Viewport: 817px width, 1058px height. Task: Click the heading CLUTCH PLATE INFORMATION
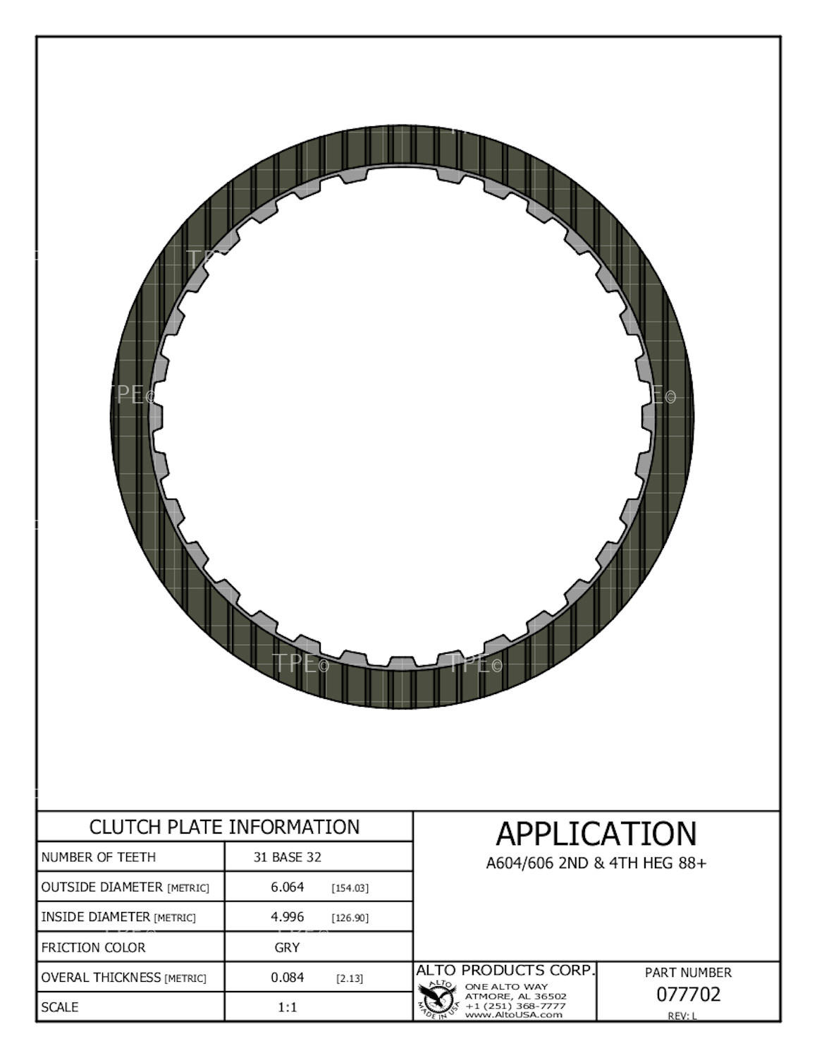point(224,827)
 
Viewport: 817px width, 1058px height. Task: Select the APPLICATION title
point(596,834)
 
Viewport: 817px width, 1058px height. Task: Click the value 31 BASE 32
point(287,857)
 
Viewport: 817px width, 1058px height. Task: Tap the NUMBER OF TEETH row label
point(99,857)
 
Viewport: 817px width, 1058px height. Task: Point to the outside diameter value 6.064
point(287,887)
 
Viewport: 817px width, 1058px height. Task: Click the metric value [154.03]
point(350,887)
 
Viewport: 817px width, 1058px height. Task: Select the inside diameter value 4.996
point(287,916)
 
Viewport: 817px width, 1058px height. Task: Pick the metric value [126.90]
point(350,918)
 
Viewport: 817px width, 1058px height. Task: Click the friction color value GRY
point(287,947)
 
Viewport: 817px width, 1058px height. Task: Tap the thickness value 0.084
point(287,977)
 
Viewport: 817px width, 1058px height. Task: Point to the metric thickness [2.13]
point(350,978)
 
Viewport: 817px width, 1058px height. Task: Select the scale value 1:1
point(287,1007)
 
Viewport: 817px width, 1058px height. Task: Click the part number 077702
point(688,994)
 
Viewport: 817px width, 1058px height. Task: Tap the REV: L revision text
point(682,1016)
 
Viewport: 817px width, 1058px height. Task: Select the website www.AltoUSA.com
point(514,1014)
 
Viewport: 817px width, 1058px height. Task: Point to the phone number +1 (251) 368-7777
point(515,1005)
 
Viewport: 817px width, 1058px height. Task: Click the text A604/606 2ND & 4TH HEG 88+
point(596,863)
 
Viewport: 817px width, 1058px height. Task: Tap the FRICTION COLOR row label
point(93,947)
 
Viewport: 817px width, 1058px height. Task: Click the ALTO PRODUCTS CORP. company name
point(505,971)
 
